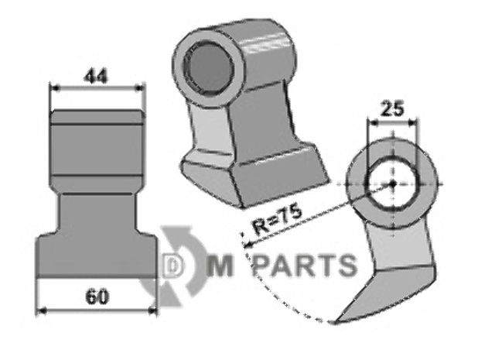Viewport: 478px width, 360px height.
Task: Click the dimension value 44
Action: click(x=96, y=77)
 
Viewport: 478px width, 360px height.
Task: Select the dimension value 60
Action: click(x=97, y=297)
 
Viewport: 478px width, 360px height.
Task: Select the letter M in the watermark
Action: click(x=219, y=266)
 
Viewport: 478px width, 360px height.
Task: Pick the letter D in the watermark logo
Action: click(x=172, y=266)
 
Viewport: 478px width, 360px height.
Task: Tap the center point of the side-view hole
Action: click(x=393, y=183)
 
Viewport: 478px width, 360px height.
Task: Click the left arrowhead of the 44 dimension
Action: click(x=54, y=88)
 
